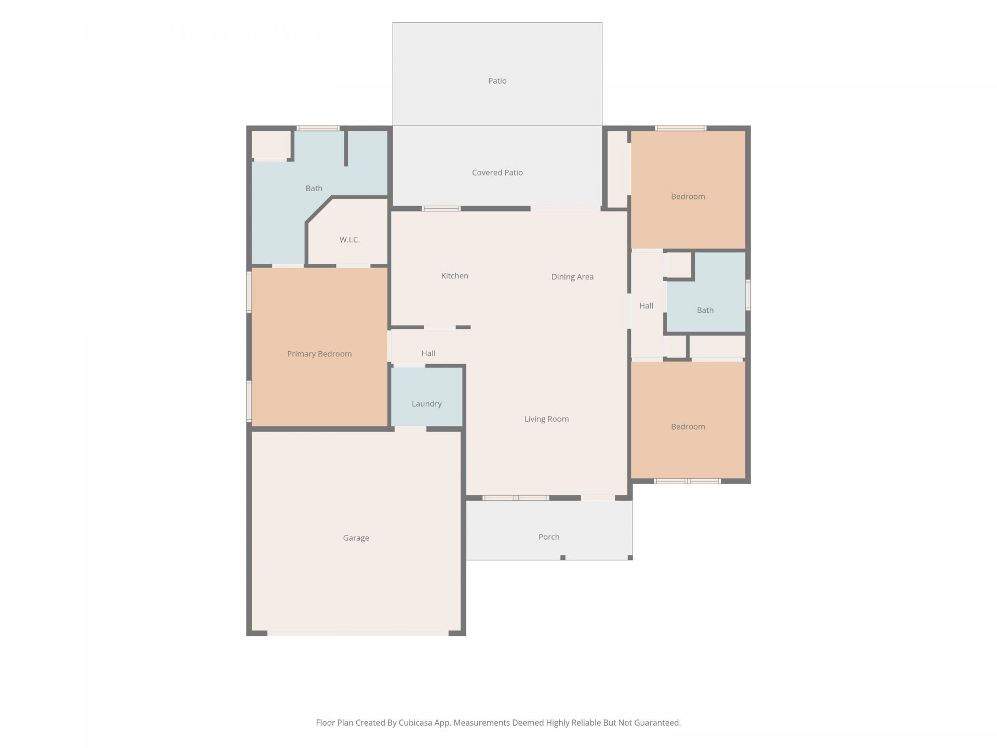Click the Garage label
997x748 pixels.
click(x=356, y=538)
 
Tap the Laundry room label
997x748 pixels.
click(x=426, y=404)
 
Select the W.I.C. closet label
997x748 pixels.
click(x=349, y=239)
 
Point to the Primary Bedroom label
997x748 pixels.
click(x=319, y=354)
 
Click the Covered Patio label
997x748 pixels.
click(x=497, y=172)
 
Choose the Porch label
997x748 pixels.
click(x=549, y=537)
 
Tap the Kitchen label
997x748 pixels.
click(x=454, y=276)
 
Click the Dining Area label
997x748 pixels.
click(x=572, y=277)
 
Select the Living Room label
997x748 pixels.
click(x=546, y=419)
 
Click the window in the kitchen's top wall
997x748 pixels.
click(x=441, y=209)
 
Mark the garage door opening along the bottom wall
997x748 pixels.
click(x=358, y=633)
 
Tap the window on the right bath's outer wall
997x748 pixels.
click(x=748, y=295)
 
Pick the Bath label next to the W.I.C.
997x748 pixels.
click(x=314, y=188)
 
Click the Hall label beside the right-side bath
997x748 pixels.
click(x=646, y=305)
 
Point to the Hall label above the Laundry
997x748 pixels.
click(x=428, y=353)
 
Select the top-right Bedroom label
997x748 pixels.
click(x=688, y=196)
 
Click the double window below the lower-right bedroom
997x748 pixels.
click(x=688, y=481)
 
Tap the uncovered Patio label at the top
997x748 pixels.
click(x=497, y=81)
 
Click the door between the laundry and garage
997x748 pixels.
click(x=410, y=429)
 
